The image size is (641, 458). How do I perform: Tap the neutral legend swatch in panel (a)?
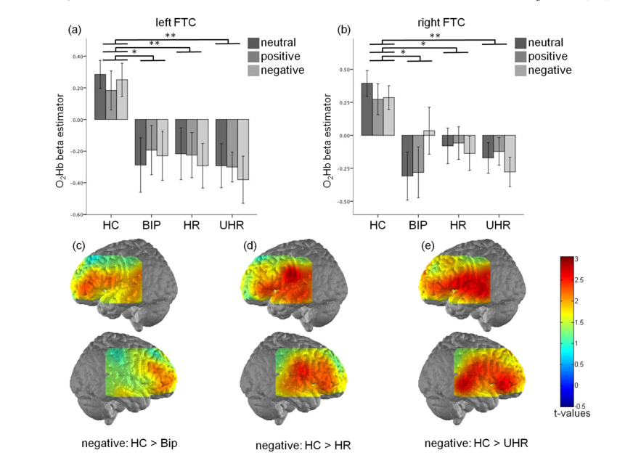[x=254, y=43]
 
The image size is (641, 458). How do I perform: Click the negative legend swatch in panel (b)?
[x=522, y=70]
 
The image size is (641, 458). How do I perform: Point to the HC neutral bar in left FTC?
[x=100, y=97]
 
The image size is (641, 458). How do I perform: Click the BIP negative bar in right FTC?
[x=429, y=133]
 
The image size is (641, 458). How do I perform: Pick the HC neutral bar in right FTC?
[x=367, y=109]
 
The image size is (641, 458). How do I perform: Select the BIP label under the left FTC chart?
[x=151, y=224]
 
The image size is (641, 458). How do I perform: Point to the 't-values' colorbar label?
[x=571, y=413]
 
